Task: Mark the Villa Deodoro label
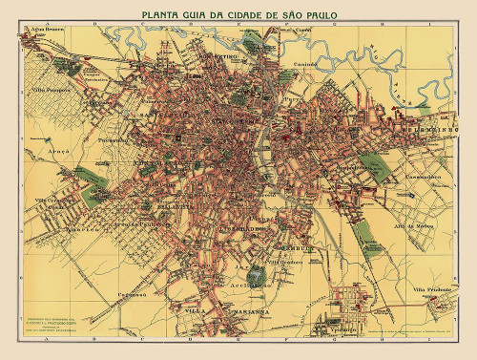283,262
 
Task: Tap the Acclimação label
250,285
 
